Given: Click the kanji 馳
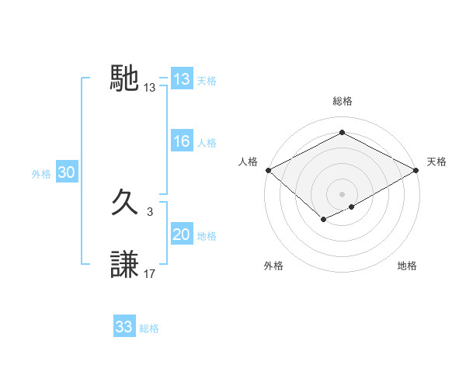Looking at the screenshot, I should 125,78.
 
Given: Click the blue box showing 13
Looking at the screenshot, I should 182,79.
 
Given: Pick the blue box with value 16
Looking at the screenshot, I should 182,141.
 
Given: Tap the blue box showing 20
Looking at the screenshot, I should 182,235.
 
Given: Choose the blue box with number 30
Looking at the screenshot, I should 66,173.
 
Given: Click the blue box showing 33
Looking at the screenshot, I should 124,327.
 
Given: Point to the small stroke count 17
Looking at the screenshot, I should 150,273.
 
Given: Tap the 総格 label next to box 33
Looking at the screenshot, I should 149,328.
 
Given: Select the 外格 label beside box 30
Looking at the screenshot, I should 41,174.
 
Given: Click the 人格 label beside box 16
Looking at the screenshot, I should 207,143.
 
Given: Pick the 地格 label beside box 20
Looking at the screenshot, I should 207,236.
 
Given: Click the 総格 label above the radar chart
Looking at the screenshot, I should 343,101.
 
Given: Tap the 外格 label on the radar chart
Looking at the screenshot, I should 273,266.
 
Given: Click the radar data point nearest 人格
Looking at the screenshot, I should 268,170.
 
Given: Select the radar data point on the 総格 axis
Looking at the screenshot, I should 342,133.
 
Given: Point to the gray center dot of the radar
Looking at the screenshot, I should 342,193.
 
